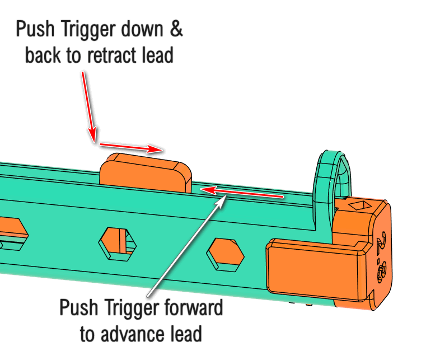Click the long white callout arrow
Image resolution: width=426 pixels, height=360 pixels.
185,246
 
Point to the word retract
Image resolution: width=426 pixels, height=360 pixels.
107,56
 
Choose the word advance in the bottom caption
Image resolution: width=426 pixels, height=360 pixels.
129,334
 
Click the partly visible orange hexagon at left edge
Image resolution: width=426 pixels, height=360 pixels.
11,230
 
